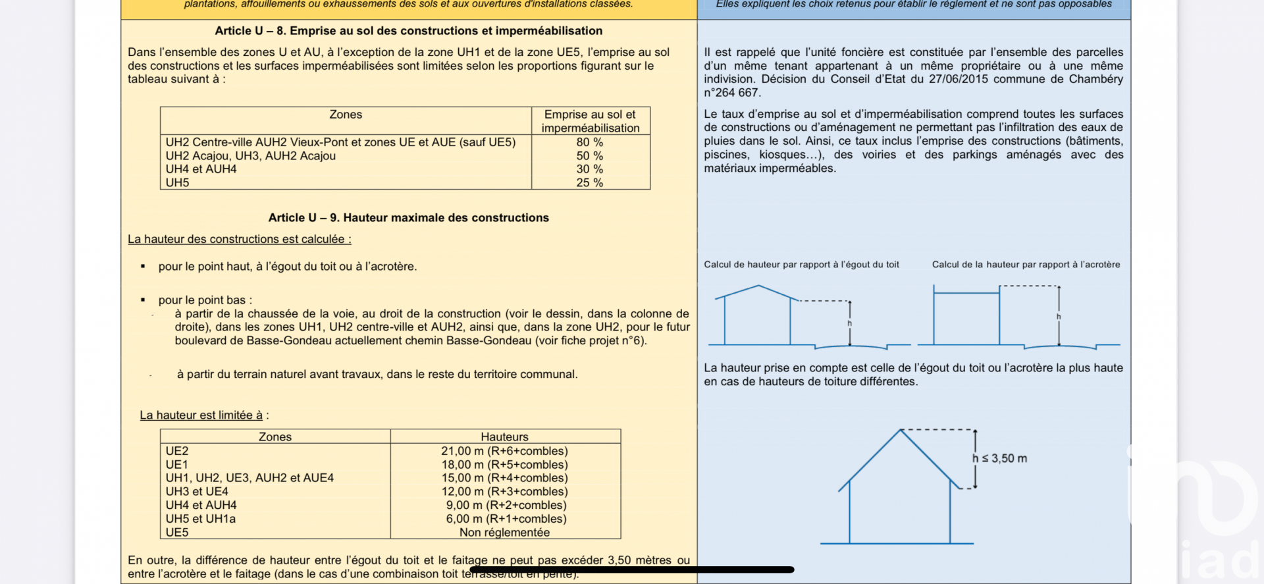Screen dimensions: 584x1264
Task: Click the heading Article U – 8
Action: (408, 31)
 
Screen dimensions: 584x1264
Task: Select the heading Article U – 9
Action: (408, 218)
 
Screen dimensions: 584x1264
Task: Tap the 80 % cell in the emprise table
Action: (590, 142)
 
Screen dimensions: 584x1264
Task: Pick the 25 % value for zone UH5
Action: (590, 183)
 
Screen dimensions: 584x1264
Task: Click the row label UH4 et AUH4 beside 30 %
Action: (201, 169)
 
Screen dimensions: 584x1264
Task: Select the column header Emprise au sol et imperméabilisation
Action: (590, 121)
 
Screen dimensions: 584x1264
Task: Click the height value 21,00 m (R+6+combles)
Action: (504, 451)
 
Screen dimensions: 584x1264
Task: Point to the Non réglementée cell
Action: (504, 533)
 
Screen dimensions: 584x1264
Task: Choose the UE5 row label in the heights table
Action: (177, 533)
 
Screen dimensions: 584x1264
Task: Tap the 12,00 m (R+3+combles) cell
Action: (504, 492)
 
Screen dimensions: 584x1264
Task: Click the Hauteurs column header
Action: (504, 437)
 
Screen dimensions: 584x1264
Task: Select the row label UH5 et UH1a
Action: (201, 519)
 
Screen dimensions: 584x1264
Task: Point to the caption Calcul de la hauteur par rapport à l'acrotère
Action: (1026, 265)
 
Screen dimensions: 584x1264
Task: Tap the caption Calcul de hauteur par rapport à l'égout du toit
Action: (801, 265)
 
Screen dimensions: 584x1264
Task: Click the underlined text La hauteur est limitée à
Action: (201, 415)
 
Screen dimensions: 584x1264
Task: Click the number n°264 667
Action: (732, 93)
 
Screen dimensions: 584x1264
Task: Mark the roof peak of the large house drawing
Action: (900, 430)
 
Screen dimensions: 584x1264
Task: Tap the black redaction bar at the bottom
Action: (632, 570)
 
